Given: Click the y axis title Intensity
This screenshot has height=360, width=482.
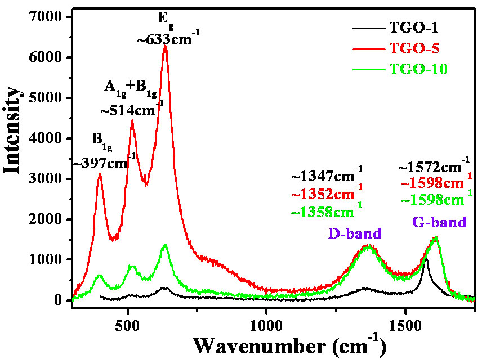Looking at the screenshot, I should [x=14, y=138].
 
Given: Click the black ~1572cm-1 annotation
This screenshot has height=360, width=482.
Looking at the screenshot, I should [x=434, y=167].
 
